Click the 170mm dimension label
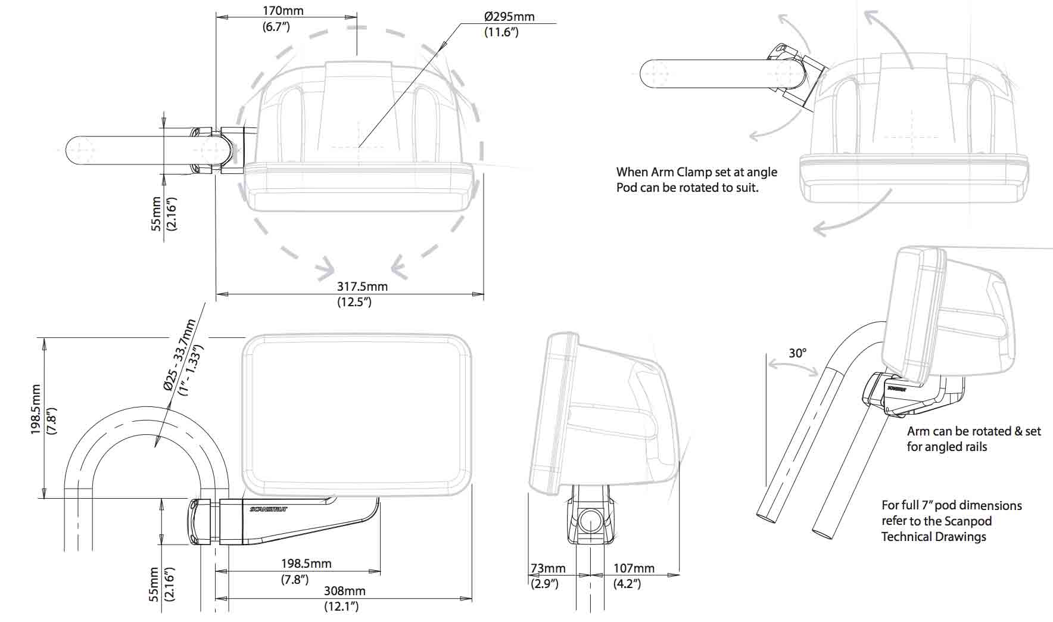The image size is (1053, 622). click(x=283, y=11)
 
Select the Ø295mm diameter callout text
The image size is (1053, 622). click(x=509, y=17)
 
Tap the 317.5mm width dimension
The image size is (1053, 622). click(x=362, y=287)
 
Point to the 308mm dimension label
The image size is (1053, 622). click(x=344, y=591)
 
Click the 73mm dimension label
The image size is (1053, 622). click(x=548, y=568)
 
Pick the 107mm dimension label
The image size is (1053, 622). click(x=634, y=568)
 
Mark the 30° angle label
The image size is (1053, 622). click(x=797, y=353)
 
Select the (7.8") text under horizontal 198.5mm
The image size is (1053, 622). click(x=294, y=579)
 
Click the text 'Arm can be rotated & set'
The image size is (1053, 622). click(x=974, y=431)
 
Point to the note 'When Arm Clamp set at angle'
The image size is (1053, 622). click(x=696, y=172)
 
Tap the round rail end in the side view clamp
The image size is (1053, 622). click(x=590, y=520)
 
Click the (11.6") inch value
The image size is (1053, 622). click(x=501, y=32)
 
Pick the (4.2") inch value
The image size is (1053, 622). click(x=627, y=584)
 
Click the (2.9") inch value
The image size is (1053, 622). click(x=544, y=584)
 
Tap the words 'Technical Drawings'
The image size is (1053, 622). click(x=933, y=537)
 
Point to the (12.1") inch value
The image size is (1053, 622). click(x=341, y=607)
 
